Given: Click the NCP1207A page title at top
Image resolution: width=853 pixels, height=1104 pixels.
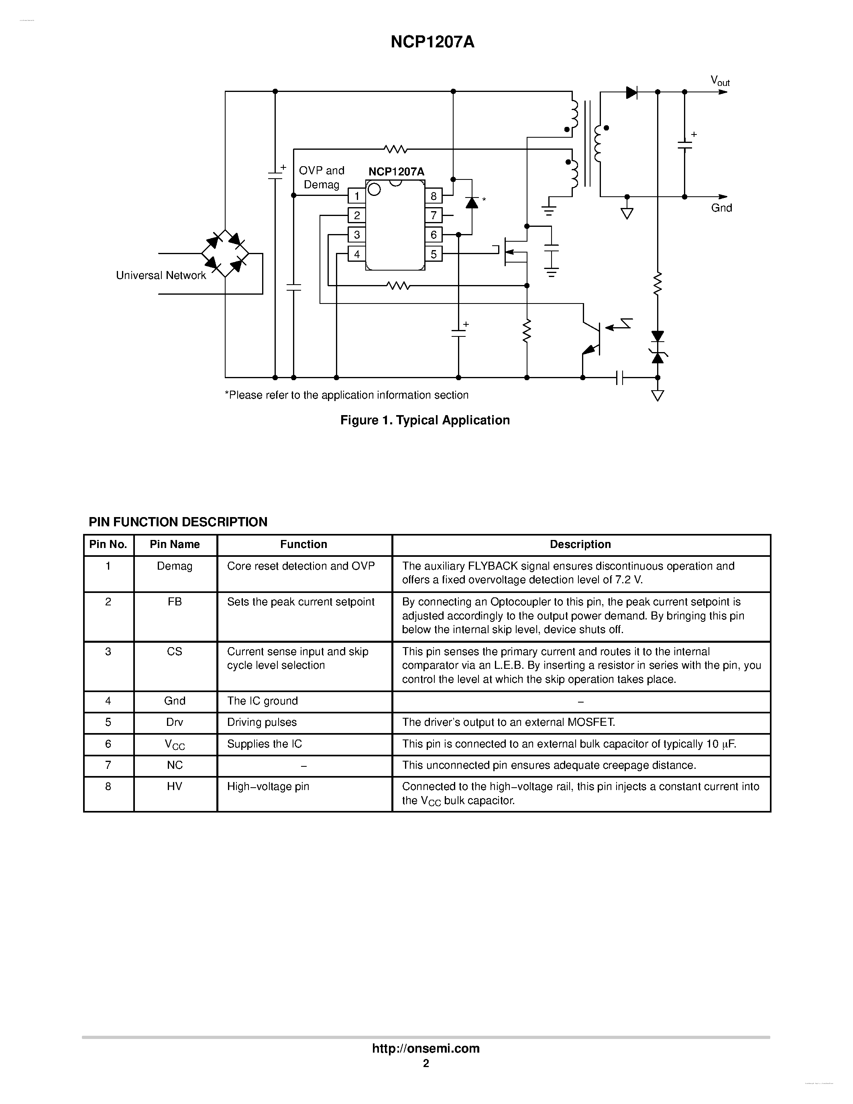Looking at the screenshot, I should (433, 43).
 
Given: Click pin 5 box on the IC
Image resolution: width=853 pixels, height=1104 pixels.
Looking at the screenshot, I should (434, 254).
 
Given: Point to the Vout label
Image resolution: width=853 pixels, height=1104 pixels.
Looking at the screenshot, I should (720, 81).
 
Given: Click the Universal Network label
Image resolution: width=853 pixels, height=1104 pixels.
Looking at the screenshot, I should (161, 275).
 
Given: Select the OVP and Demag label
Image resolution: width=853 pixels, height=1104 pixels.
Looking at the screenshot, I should (322, 177).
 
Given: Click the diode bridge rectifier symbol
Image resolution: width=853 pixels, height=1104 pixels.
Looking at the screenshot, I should (225, 253).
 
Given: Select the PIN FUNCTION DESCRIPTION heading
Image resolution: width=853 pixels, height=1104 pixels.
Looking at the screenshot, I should (178, 522).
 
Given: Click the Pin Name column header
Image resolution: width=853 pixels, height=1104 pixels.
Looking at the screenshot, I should (175, 544).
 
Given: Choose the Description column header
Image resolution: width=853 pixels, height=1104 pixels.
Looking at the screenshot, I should (580, 544).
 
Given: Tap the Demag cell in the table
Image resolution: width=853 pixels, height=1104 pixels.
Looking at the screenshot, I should (175, 566).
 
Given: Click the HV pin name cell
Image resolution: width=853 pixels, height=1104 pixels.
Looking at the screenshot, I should (175, 786).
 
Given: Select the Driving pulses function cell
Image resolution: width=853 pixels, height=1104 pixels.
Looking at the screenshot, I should (262, 722).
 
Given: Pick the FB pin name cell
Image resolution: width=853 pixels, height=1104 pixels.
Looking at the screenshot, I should (175, 602).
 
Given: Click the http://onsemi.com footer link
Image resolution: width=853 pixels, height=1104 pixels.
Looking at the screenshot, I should (426, 1048).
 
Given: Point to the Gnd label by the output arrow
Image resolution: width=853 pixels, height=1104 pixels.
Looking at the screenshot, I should (721, 208).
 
